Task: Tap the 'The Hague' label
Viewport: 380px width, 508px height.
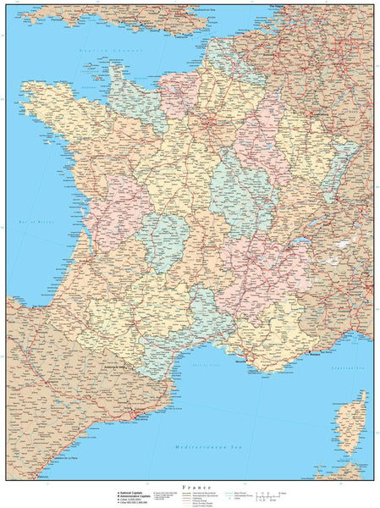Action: (278, 6)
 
